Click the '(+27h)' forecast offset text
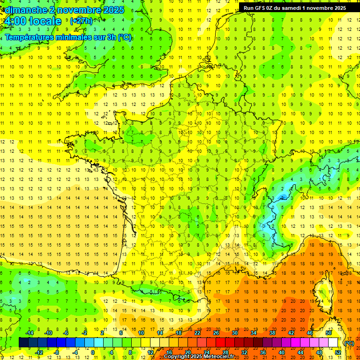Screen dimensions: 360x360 [x=81, y=21]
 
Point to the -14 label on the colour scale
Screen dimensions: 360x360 [x=30, y=333]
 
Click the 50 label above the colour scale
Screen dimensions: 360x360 [x=329, y=333]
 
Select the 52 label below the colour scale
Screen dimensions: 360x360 [x=338, y=352]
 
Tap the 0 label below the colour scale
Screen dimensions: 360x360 [x=93, y=352]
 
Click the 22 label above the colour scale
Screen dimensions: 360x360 [x=197, y=333]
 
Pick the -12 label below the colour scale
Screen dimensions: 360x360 [x=39, y=352]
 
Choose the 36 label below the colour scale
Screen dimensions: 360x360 [x=262, y=352]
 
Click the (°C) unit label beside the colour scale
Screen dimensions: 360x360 [x=349, y=343]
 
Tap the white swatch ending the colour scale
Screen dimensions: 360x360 [x=333, y=343]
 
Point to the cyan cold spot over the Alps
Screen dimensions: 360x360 [x=281, y=197]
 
